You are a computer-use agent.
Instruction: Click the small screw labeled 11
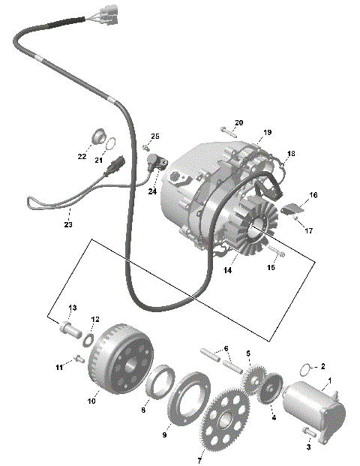click(78, 359)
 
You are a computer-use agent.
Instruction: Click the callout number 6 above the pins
click(223, 349)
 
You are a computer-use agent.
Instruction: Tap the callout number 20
click(239, 122)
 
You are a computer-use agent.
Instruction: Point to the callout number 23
click(68, 224)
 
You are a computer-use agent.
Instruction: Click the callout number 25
click(155, 136)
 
